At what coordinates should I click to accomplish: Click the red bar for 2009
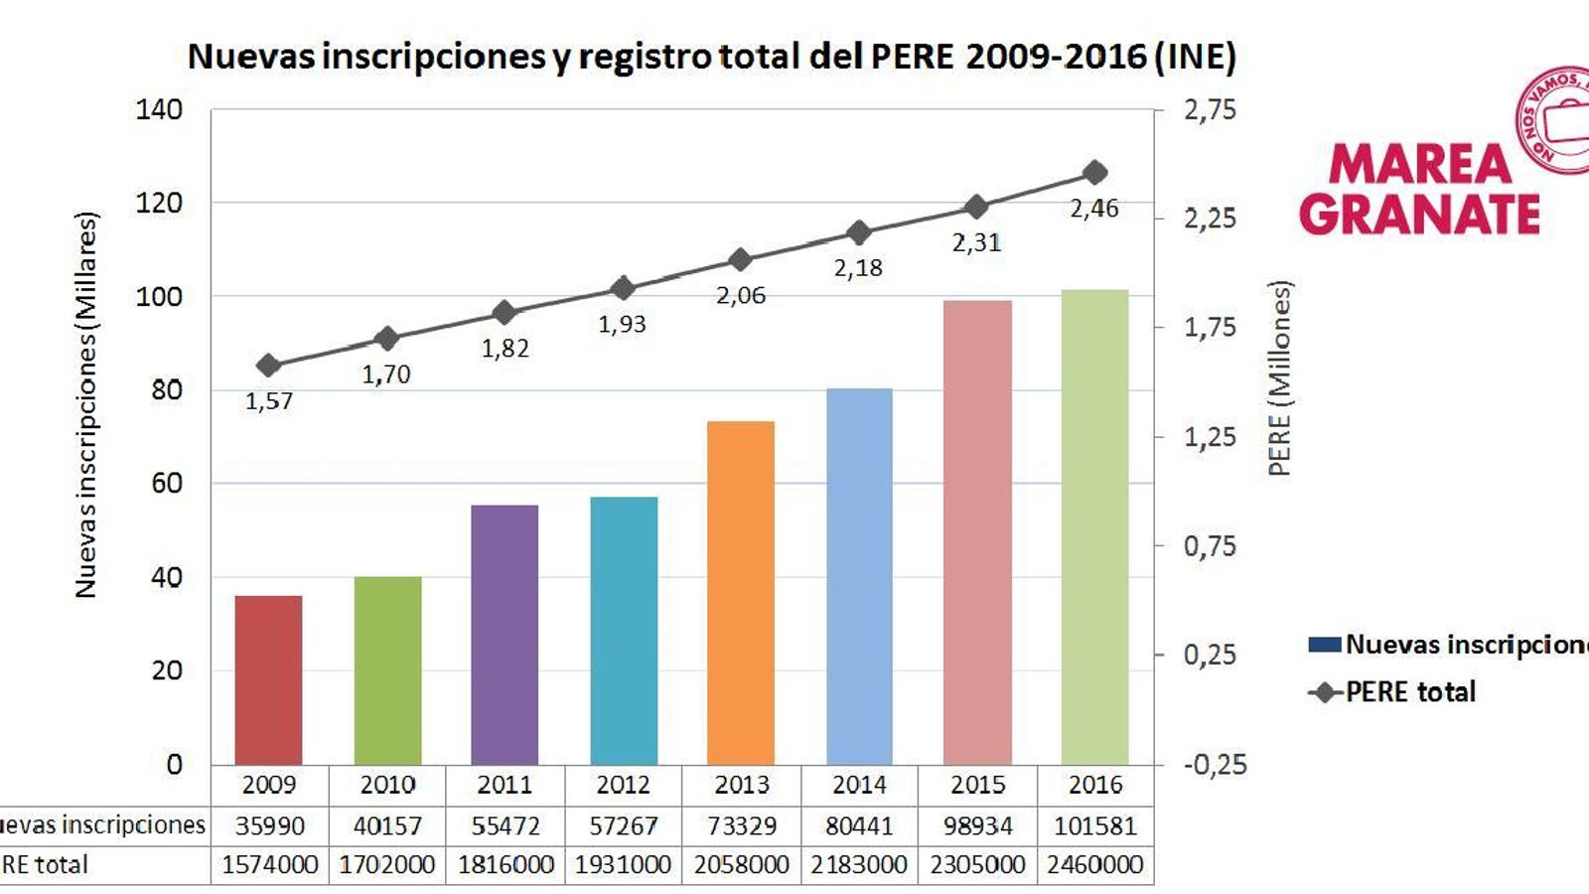tap(268, 680)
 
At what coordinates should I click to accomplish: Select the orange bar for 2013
tap(741, 593)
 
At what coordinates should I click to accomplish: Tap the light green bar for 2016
tap(1094, 526)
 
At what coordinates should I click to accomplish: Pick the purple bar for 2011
tap(505, 635)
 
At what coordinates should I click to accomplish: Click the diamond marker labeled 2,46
tap(1095, 173)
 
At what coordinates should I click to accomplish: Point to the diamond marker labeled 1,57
tap(268, 366)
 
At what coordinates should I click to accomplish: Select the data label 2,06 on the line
tap(741, 295)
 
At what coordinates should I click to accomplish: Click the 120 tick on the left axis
tap(159, 203)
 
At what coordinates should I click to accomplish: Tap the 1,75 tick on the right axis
tap(1210, 327)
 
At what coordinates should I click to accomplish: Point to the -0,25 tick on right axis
tap(1215, 764)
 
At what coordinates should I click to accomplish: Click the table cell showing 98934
tap(977, 825)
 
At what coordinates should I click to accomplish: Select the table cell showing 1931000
tap(623, 865)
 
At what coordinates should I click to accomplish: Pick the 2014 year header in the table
tap(859, 785)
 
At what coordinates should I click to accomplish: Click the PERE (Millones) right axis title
tap(1280, 377)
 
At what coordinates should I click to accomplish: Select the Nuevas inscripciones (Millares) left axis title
tap(86, 404)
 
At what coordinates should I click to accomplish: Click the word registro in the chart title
tap(645, 56)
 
